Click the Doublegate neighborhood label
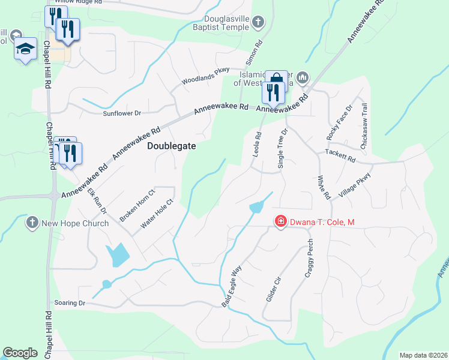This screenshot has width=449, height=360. (x=172, y=146)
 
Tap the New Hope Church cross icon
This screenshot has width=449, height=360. (x=32, y=223)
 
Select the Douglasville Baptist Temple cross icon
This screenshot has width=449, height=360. (x=258, y=23)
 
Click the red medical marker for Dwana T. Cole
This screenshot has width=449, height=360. (x=280, y=222)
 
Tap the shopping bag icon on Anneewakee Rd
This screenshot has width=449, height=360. (x=276, y=80)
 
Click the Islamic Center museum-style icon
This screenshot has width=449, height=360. (x=303, y=77)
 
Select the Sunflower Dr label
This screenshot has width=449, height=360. (x=121, y=113)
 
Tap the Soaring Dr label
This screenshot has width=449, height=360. (x=70, y=303)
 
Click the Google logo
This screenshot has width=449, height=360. (x=20, y=353)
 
